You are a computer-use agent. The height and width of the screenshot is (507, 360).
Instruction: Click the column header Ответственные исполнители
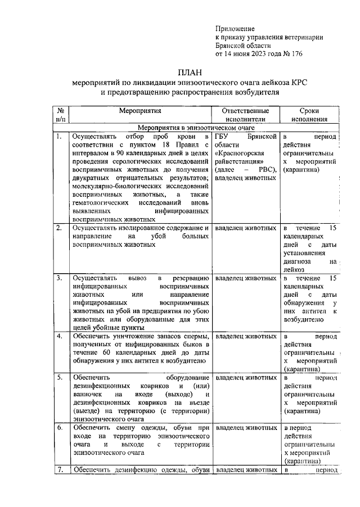tap(245, 115)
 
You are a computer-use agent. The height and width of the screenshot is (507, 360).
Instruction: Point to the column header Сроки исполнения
tap(310, 115)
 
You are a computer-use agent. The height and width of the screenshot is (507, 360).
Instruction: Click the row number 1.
tap(58, 137)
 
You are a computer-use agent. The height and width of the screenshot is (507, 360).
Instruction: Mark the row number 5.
tap(58, 378)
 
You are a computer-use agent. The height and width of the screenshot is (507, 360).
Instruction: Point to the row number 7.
tap(58, 470)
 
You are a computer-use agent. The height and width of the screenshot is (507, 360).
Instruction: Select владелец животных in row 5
tap(246, 378)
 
